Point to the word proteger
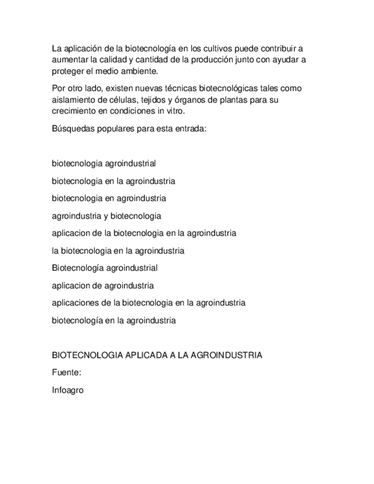[67, 71]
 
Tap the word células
[119, 100]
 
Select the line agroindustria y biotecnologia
[106, 216]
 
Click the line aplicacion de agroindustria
[103, 285]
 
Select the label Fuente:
[66, 372]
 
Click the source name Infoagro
[68, 390]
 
